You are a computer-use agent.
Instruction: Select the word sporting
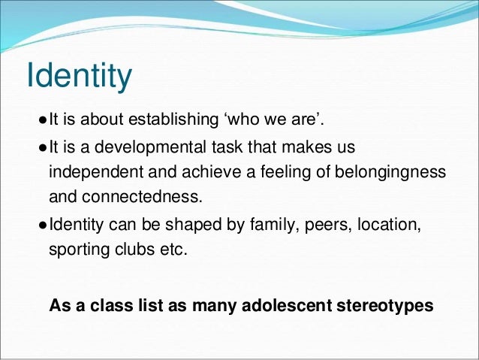point(78,251)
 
